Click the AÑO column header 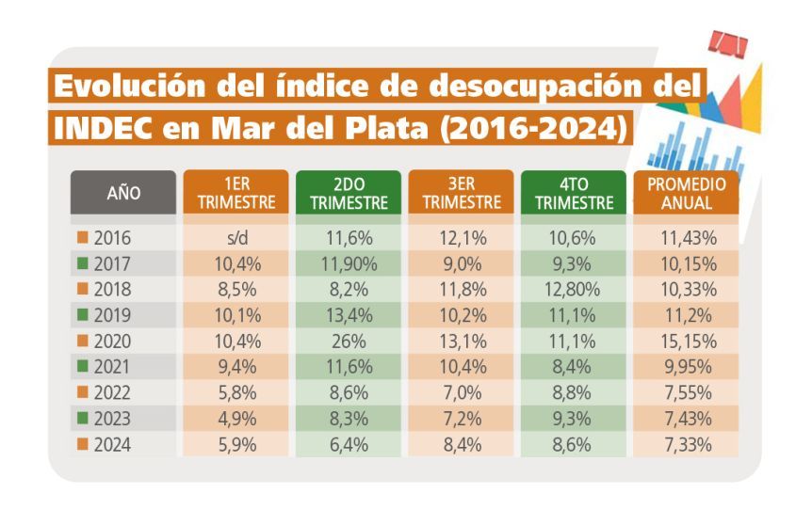point(123,193)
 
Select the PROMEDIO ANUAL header point(686,193)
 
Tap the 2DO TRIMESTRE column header point(349,193)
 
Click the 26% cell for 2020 point(349,342)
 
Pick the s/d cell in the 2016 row point(237,238)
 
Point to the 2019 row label point(112,315)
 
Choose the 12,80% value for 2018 point(572,290)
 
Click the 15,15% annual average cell point(689,342)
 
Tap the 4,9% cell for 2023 point(237,419)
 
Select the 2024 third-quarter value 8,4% point(463,444)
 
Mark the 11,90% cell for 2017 point(349,263)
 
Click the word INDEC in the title point(103,128)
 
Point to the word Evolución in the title point(130,86)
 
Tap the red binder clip point(728,43)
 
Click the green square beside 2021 point(82,366)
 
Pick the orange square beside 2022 point(82,392)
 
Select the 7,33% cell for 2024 point(689,444)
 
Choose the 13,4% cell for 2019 point(349,315)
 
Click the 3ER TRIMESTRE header point(461,193)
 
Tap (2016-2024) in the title point(533,128)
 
